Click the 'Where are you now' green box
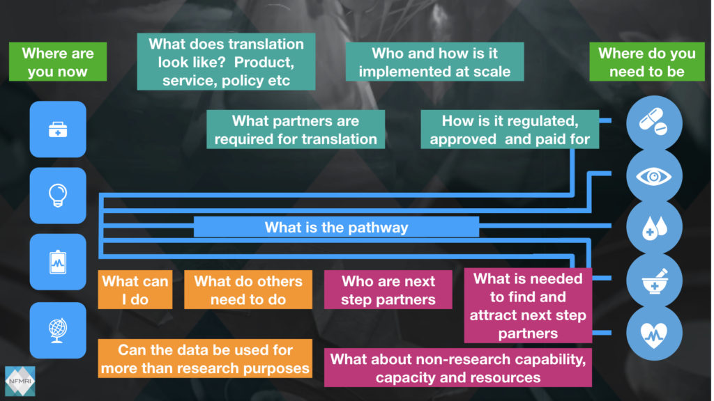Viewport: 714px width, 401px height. point(58,62)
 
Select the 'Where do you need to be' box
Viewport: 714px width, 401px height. point(646,62)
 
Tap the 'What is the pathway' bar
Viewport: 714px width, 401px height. point(336,227)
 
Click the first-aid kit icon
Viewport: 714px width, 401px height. point(58,129)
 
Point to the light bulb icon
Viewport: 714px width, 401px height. point(58,196)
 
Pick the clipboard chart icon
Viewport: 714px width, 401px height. point(58,262)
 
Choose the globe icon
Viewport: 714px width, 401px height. point(58,328)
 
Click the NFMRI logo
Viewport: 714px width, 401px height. point(19,382)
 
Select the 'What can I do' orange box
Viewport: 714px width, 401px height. point(135,290)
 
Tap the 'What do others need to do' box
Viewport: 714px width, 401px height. point(248,290)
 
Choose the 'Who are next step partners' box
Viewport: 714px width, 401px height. point(388,290)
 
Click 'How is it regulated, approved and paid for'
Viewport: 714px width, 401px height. point(510,129)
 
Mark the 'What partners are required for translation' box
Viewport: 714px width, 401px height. point(296,129)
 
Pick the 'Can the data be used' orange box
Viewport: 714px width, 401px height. point(205,359)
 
